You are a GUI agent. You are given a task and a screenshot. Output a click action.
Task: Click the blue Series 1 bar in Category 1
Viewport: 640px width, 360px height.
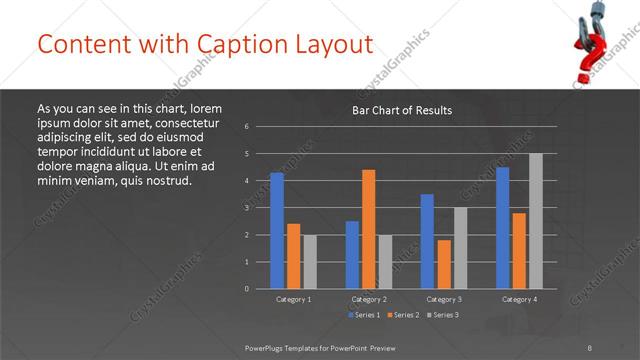pyautogui.click(x=276, y=230)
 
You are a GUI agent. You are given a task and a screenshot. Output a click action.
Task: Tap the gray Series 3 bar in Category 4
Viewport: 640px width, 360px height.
pyautogui.click(x=536, y=220)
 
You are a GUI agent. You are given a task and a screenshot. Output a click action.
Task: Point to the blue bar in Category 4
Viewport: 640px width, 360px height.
pyautogui.click(x=502, y=227)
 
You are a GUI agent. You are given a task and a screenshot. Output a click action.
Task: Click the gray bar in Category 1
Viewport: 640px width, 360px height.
pyautogui.click(x=309, y=261)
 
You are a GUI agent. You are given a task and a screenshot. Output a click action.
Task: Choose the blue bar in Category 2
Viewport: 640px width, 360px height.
pyautogui.click(x=352, y=254)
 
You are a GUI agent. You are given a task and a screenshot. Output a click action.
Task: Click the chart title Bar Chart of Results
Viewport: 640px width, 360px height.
pyautogui.click(x=402, y=110)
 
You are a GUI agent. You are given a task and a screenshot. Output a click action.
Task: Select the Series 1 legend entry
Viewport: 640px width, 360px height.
pyautogui.click(x=364, y=315)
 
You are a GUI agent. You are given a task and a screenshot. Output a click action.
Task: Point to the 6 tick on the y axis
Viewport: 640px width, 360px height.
pyautogui.click(x=247, y=127)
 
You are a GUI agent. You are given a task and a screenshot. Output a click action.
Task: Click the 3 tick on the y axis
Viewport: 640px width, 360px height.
pyautogui.click(x=247, y=208)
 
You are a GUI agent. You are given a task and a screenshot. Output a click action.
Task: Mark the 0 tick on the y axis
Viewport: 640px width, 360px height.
pyautogui.click(x=247, y=289)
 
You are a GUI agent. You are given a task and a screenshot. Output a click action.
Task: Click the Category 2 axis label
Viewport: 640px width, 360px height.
pyautogui.click(x=368, y=299)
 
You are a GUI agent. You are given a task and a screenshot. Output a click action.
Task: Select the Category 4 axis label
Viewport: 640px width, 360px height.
pyautogui.click(x=519, y=299)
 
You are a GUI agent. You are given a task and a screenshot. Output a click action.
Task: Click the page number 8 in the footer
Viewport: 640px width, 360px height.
pyautogui.click(x=590, y=346)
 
